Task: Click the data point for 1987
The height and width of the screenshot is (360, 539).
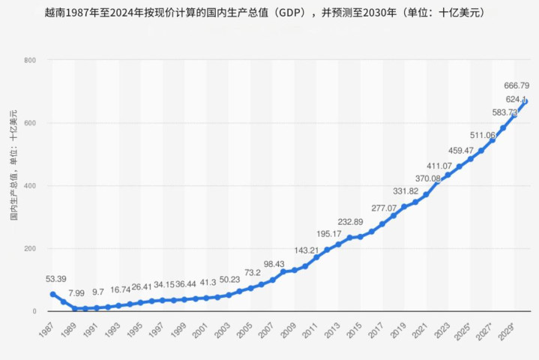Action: pos(52,294)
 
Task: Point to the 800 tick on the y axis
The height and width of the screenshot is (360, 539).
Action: pos(31,60)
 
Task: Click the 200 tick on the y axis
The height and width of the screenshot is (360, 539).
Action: pos(31,248)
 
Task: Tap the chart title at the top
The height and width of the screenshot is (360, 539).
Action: pos(269,13)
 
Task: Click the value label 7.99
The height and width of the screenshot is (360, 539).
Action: pos(77,293)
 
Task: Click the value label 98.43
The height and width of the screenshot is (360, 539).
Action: pos(274,264)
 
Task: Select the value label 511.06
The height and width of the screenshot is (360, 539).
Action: pos(482,136)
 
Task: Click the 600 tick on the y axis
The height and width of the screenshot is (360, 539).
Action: pos(31,123)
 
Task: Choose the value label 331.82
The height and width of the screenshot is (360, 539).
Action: pos(406,191)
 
